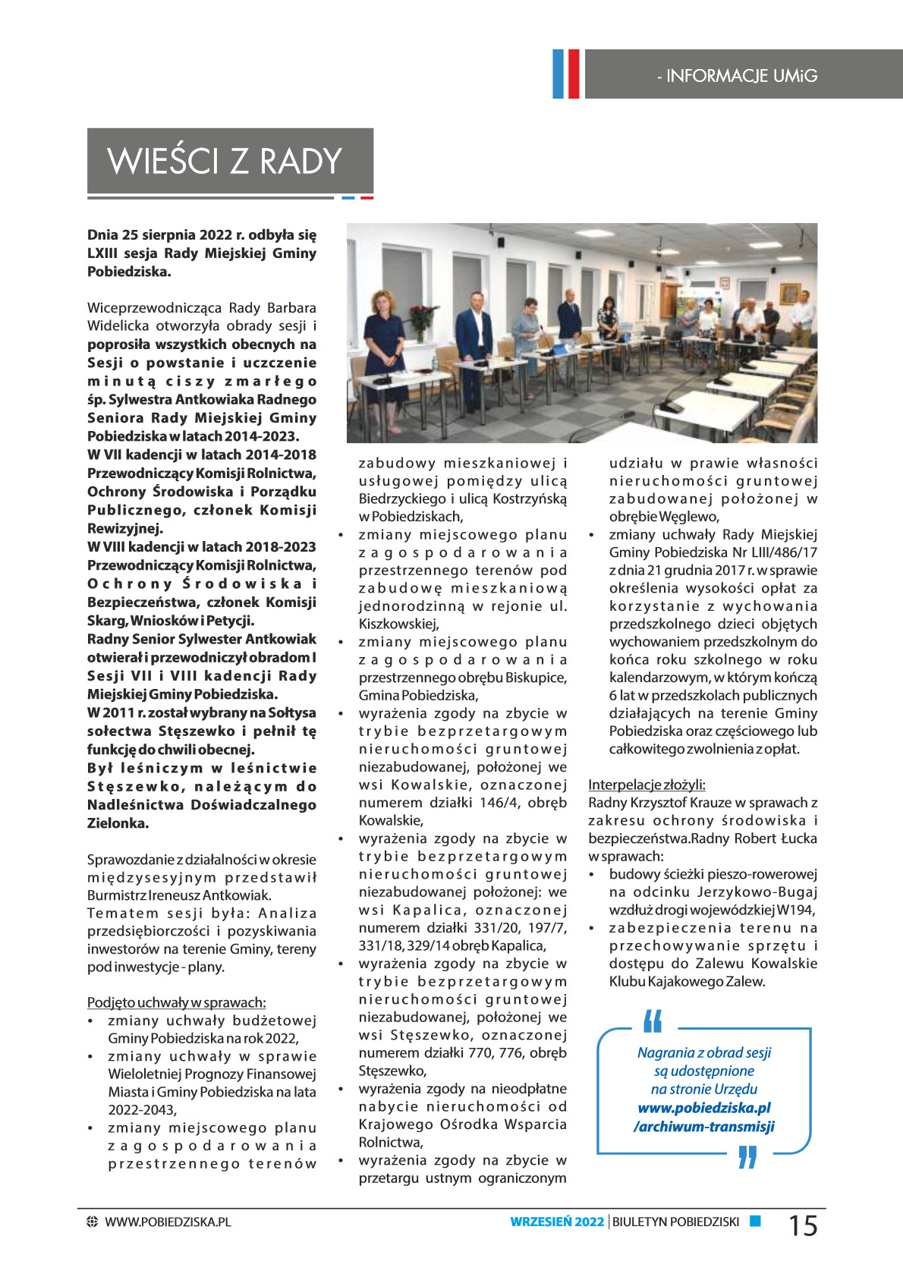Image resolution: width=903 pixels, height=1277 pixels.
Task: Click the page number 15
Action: pos(803,1225)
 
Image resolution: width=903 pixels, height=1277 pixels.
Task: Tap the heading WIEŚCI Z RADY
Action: pos(225,162)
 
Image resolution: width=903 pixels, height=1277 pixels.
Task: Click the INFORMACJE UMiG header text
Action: pos(737,76)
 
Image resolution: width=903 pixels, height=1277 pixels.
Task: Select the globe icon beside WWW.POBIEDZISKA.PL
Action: pos(93,1222)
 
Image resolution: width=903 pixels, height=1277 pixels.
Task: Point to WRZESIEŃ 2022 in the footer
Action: pos(557,1222)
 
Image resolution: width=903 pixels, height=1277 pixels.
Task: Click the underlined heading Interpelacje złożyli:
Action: pos(647,785)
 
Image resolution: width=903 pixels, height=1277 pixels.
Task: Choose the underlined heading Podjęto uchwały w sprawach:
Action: pos(176,1002)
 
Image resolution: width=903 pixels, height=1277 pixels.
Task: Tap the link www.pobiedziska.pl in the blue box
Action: pos(704,1108)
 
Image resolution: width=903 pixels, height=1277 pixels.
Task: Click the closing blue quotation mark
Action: pos(747,1157)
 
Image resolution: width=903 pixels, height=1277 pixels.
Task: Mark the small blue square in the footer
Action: pos(755,1221)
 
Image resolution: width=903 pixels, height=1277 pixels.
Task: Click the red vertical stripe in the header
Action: pos(573,74)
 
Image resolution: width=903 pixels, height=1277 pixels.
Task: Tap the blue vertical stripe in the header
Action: pos(558,74)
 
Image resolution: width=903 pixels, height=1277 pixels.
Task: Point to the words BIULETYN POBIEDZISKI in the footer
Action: pos(675,1222)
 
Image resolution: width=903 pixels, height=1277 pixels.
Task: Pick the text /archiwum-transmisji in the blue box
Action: pos(704,1126)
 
